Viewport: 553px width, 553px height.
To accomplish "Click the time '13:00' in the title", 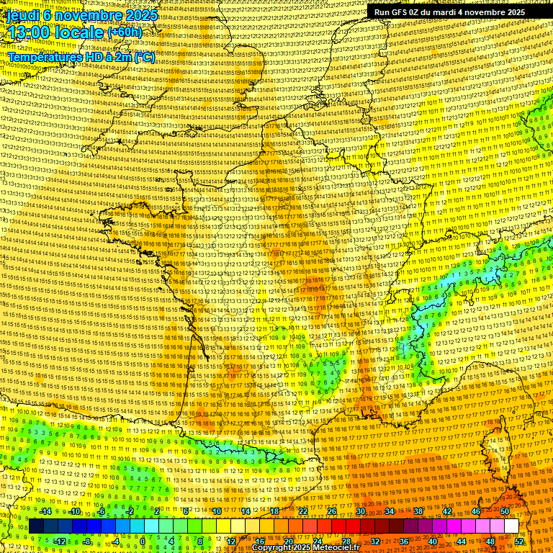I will tap(32, 32).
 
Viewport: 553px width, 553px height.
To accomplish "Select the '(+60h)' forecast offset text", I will tap(124, 33).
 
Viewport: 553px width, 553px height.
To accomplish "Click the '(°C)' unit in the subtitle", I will tap(143, 56).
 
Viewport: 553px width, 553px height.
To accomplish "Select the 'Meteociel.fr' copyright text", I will tap(338, 548).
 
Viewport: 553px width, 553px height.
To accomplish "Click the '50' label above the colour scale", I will tap(505, 511).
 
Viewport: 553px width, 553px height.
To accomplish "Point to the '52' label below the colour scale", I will tap(519, 541).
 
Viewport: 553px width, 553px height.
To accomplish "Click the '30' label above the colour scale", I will tap(361, 511).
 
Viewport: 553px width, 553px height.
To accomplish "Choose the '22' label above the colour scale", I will tap(303, 511).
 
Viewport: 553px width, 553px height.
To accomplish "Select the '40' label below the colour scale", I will tap(433, 541).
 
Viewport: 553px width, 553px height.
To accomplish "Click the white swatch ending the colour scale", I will tap(511, 526).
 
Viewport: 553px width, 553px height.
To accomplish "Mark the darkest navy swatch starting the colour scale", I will tap(36, 526).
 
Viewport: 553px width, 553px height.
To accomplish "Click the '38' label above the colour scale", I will tap(418, 511).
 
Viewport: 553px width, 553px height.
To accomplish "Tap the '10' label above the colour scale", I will tap(217, 511).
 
